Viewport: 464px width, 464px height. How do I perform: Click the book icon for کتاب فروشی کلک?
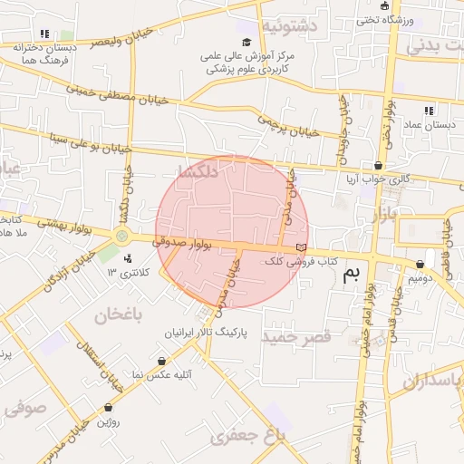click(x=301, y=247)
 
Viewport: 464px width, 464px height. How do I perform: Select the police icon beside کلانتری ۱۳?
click(x=127, y=263)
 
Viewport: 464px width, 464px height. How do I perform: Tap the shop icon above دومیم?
click(x=419, y=265)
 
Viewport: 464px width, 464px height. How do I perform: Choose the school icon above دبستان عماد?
click(x=427, y=111)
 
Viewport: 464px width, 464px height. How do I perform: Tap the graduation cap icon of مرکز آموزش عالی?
click(x=246, y=42)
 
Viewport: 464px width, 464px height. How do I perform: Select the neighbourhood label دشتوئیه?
click(x=289, y=26)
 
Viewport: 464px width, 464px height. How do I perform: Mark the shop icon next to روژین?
click(x=109, y=408)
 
